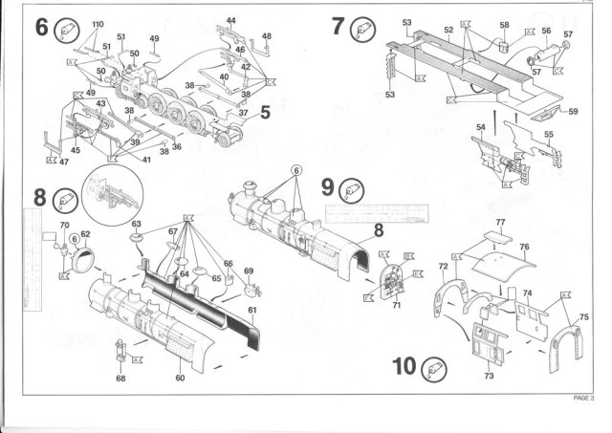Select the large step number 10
[404, 367]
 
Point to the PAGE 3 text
[583, 398]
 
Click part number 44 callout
[231, 20]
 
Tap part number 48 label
[267, 36]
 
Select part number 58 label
[504, 26]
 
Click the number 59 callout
[573, 112]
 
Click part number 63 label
[137, 224]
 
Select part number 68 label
[120, 379]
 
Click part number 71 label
[395, 305]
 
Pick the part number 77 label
[498, 222]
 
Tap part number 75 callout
[584, 316]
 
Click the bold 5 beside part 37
[265, 113]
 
